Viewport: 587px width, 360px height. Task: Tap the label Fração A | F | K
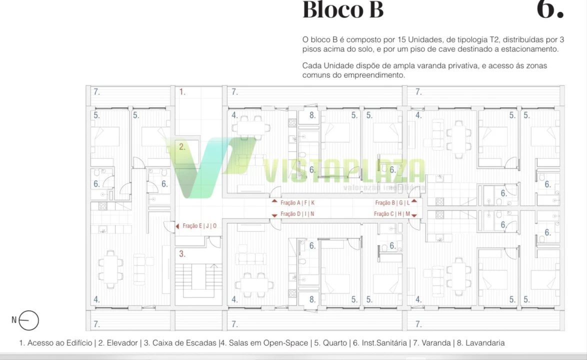pos(297,203)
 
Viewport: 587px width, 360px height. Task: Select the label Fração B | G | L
pos(392,203)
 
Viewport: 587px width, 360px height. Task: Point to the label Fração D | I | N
pos(297,214)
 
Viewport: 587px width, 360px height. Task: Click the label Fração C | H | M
pos(392,214)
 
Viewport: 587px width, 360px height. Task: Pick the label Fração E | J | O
pos(199,226)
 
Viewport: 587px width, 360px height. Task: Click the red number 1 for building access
pos(182,92)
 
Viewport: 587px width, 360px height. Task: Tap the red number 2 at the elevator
pos(182,147)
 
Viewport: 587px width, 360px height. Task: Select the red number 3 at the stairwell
pos(182,254)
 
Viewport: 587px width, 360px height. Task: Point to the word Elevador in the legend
pos(122,343)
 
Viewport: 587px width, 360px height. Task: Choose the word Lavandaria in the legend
pos(484,343)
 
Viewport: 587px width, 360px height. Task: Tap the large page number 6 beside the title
pos(550,10)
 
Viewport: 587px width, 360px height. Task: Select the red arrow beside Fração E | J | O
pos(177,226)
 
